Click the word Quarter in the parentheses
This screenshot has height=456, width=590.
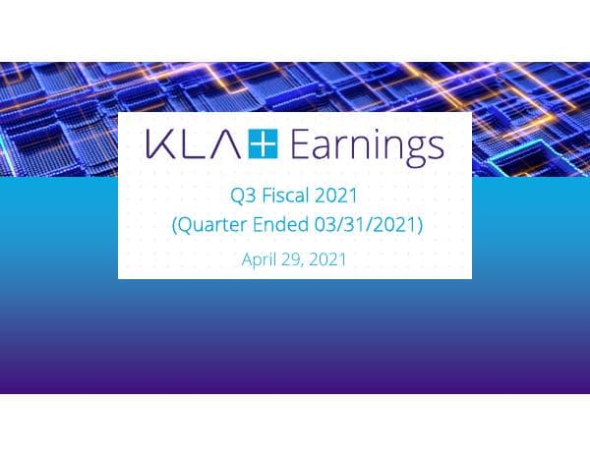pos(214,225)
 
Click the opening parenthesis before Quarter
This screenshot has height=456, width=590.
pos(175,226)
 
